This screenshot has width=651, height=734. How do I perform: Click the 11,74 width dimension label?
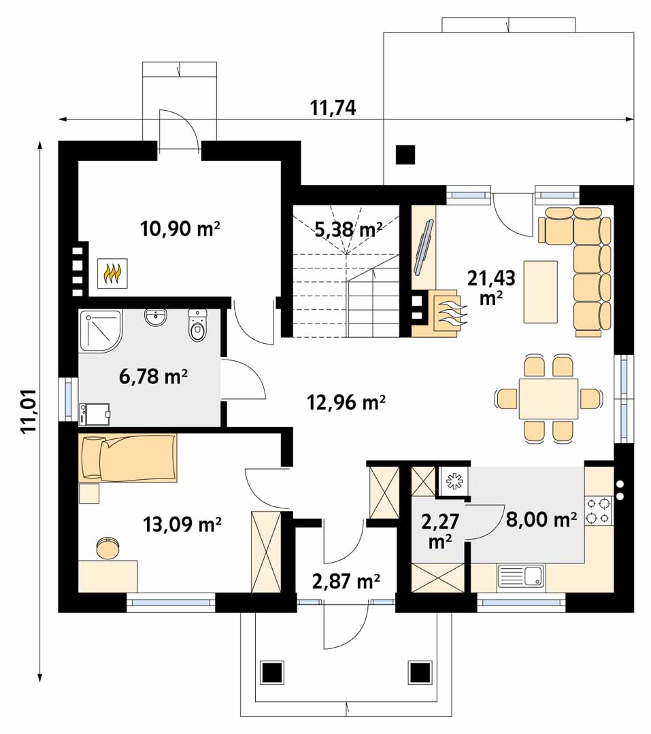333,107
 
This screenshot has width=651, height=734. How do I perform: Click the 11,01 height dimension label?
30,411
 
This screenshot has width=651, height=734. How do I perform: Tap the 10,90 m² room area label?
180,229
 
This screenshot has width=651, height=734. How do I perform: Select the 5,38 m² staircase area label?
348,230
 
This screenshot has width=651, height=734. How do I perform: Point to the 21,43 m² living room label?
491,287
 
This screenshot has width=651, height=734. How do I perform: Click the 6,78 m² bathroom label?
154,376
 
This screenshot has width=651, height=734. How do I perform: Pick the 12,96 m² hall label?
346,402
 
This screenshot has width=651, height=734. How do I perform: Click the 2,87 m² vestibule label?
346,581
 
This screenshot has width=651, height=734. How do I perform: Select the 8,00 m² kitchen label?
541,519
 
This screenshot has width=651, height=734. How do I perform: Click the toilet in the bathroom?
197,326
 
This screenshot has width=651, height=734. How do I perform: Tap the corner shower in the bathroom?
101,330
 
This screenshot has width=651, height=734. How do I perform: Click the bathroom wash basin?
155,317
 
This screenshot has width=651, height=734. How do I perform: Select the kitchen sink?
520,576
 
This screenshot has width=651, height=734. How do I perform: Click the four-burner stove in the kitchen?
599,510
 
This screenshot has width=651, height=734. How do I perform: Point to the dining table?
548,400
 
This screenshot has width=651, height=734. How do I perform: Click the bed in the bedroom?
129,458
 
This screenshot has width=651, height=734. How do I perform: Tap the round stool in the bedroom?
107,548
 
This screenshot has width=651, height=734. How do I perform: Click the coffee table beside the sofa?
541,292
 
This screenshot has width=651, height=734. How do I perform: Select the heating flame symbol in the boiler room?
112,273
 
